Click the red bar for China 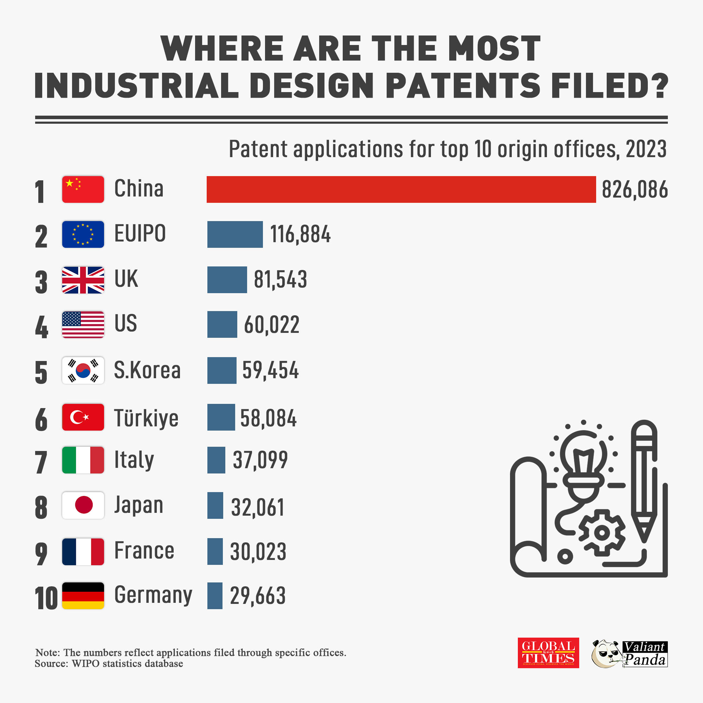click(x=401, y=189)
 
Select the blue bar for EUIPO click(x=235, y=234)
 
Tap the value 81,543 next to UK click(x=280, y=279)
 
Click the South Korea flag click(x=83, y=370)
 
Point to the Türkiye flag click(x=83, y=417)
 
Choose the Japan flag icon click(x=83, y=505)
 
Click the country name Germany click(x=153, y=595)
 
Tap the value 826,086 click(x=634, y=189)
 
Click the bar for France click(x=215, y=551)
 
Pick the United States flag click(x=83, y=324)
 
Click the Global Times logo click(x=548, y=653)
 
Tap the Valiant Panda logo click(x=630, y=654)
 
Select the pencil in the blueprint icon click(x=644, y=480)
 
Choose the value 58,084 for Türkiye click(x=269, y=418)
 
